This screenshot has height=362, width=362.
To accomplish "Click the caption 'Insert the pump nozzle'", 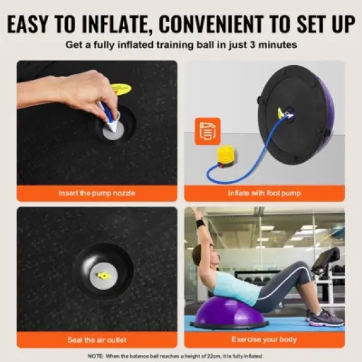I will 97,194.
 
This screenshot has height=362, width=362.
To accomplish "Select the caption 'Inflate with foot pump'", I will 264,194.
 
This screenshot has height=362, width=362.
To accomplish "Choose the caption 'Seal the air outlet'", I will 97,340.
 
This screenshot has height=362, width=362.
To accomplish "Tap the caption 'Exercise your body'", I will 264,340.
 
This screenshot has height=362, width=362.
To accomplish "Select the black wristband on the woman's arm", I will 200,223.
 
